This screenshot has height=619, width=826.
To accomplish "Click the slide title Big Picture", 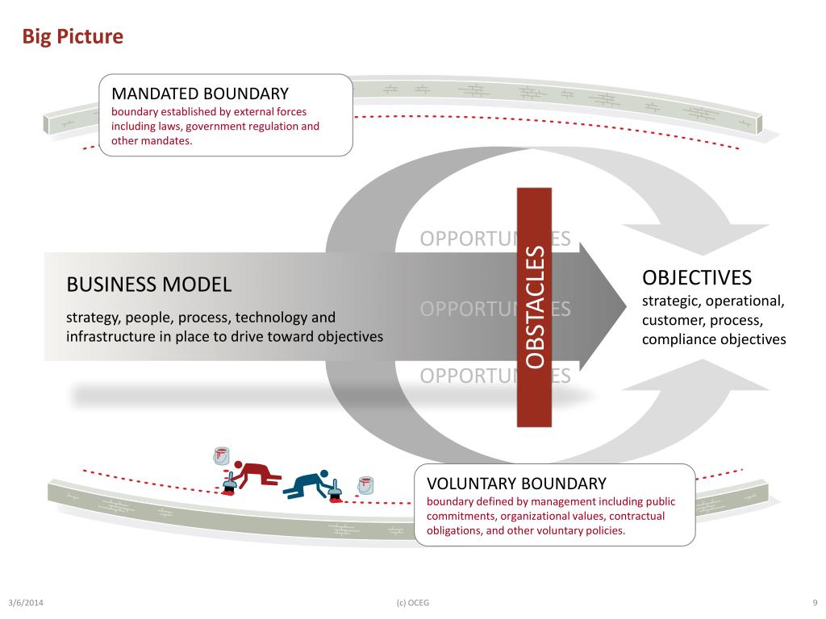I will tap(73, 36).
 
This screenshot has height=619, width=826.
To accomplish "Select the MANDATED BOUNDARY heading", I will tap(199, 93).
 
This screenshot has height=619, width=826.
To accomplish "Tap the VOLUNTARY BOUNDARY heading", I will tap(515, 484).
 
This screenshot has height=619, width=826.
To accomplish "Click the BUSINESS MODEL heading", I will tap(148, 285).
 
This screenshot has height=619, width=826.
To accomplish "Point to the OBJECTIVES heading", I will tap(697, 278).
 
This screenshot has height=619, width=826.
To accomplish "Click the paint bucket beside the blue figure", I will tap(365, 484).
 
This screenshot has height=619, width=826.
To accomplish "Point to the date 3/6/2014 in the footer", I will tap(23, 604).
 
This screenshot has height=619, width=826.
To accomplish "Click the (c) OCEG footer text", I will tap(413, 604).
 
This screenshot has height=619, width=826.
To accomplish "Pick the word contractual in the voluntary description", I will tap(636, 516).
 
